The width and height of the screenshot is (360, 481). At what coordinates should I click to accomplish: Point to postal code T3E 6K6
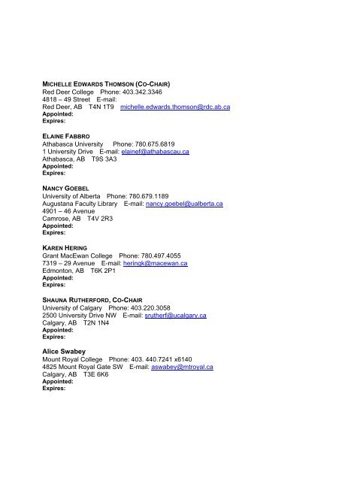(x=101, y=376)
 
